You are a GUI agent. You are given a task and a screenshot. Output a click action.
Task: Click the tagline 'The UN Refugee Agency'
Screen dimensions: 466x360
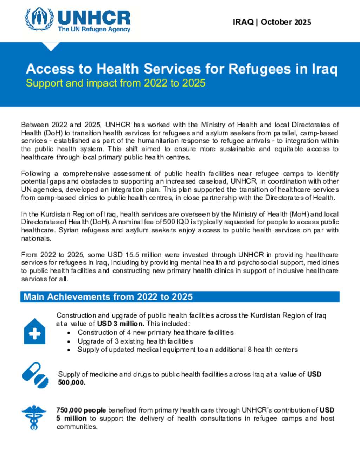tap(94, 29)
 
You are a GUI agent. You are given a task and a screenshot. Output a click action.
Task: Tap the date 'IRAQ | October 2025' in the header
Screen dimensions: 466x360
tap(272, 22)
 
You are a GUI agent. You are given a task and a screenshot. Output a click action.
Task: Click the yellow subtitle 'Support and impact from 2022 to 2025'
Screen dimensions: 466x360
tap(116, 83)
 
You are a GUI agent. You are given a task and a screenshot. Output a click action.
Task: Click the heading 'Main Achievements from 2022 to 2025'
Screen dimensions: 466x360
tap(108, 297)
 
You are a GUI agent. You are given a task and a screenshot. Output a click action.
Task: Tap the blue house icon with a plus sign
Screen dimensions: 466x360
tap(34, 332)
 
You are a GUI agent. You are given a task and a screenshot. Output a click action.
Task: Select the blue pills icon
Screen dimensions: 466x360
tap(35, 375)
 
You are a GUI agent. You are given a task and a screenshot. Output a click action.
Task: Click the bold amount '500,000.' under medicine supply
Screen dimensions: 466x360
tap(72, 383)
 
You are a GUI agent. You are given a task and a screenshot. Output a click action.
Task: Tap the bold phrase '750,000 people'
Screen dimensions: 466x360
tap(81, 410)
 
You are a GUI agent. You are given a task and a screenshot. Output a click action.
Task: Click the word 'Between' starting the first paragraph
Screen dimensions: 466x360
tap(35, 125)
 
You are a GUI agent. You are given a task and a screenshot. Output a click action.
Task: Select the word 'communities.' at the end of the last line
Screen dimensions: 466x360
tap(77, 427)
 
